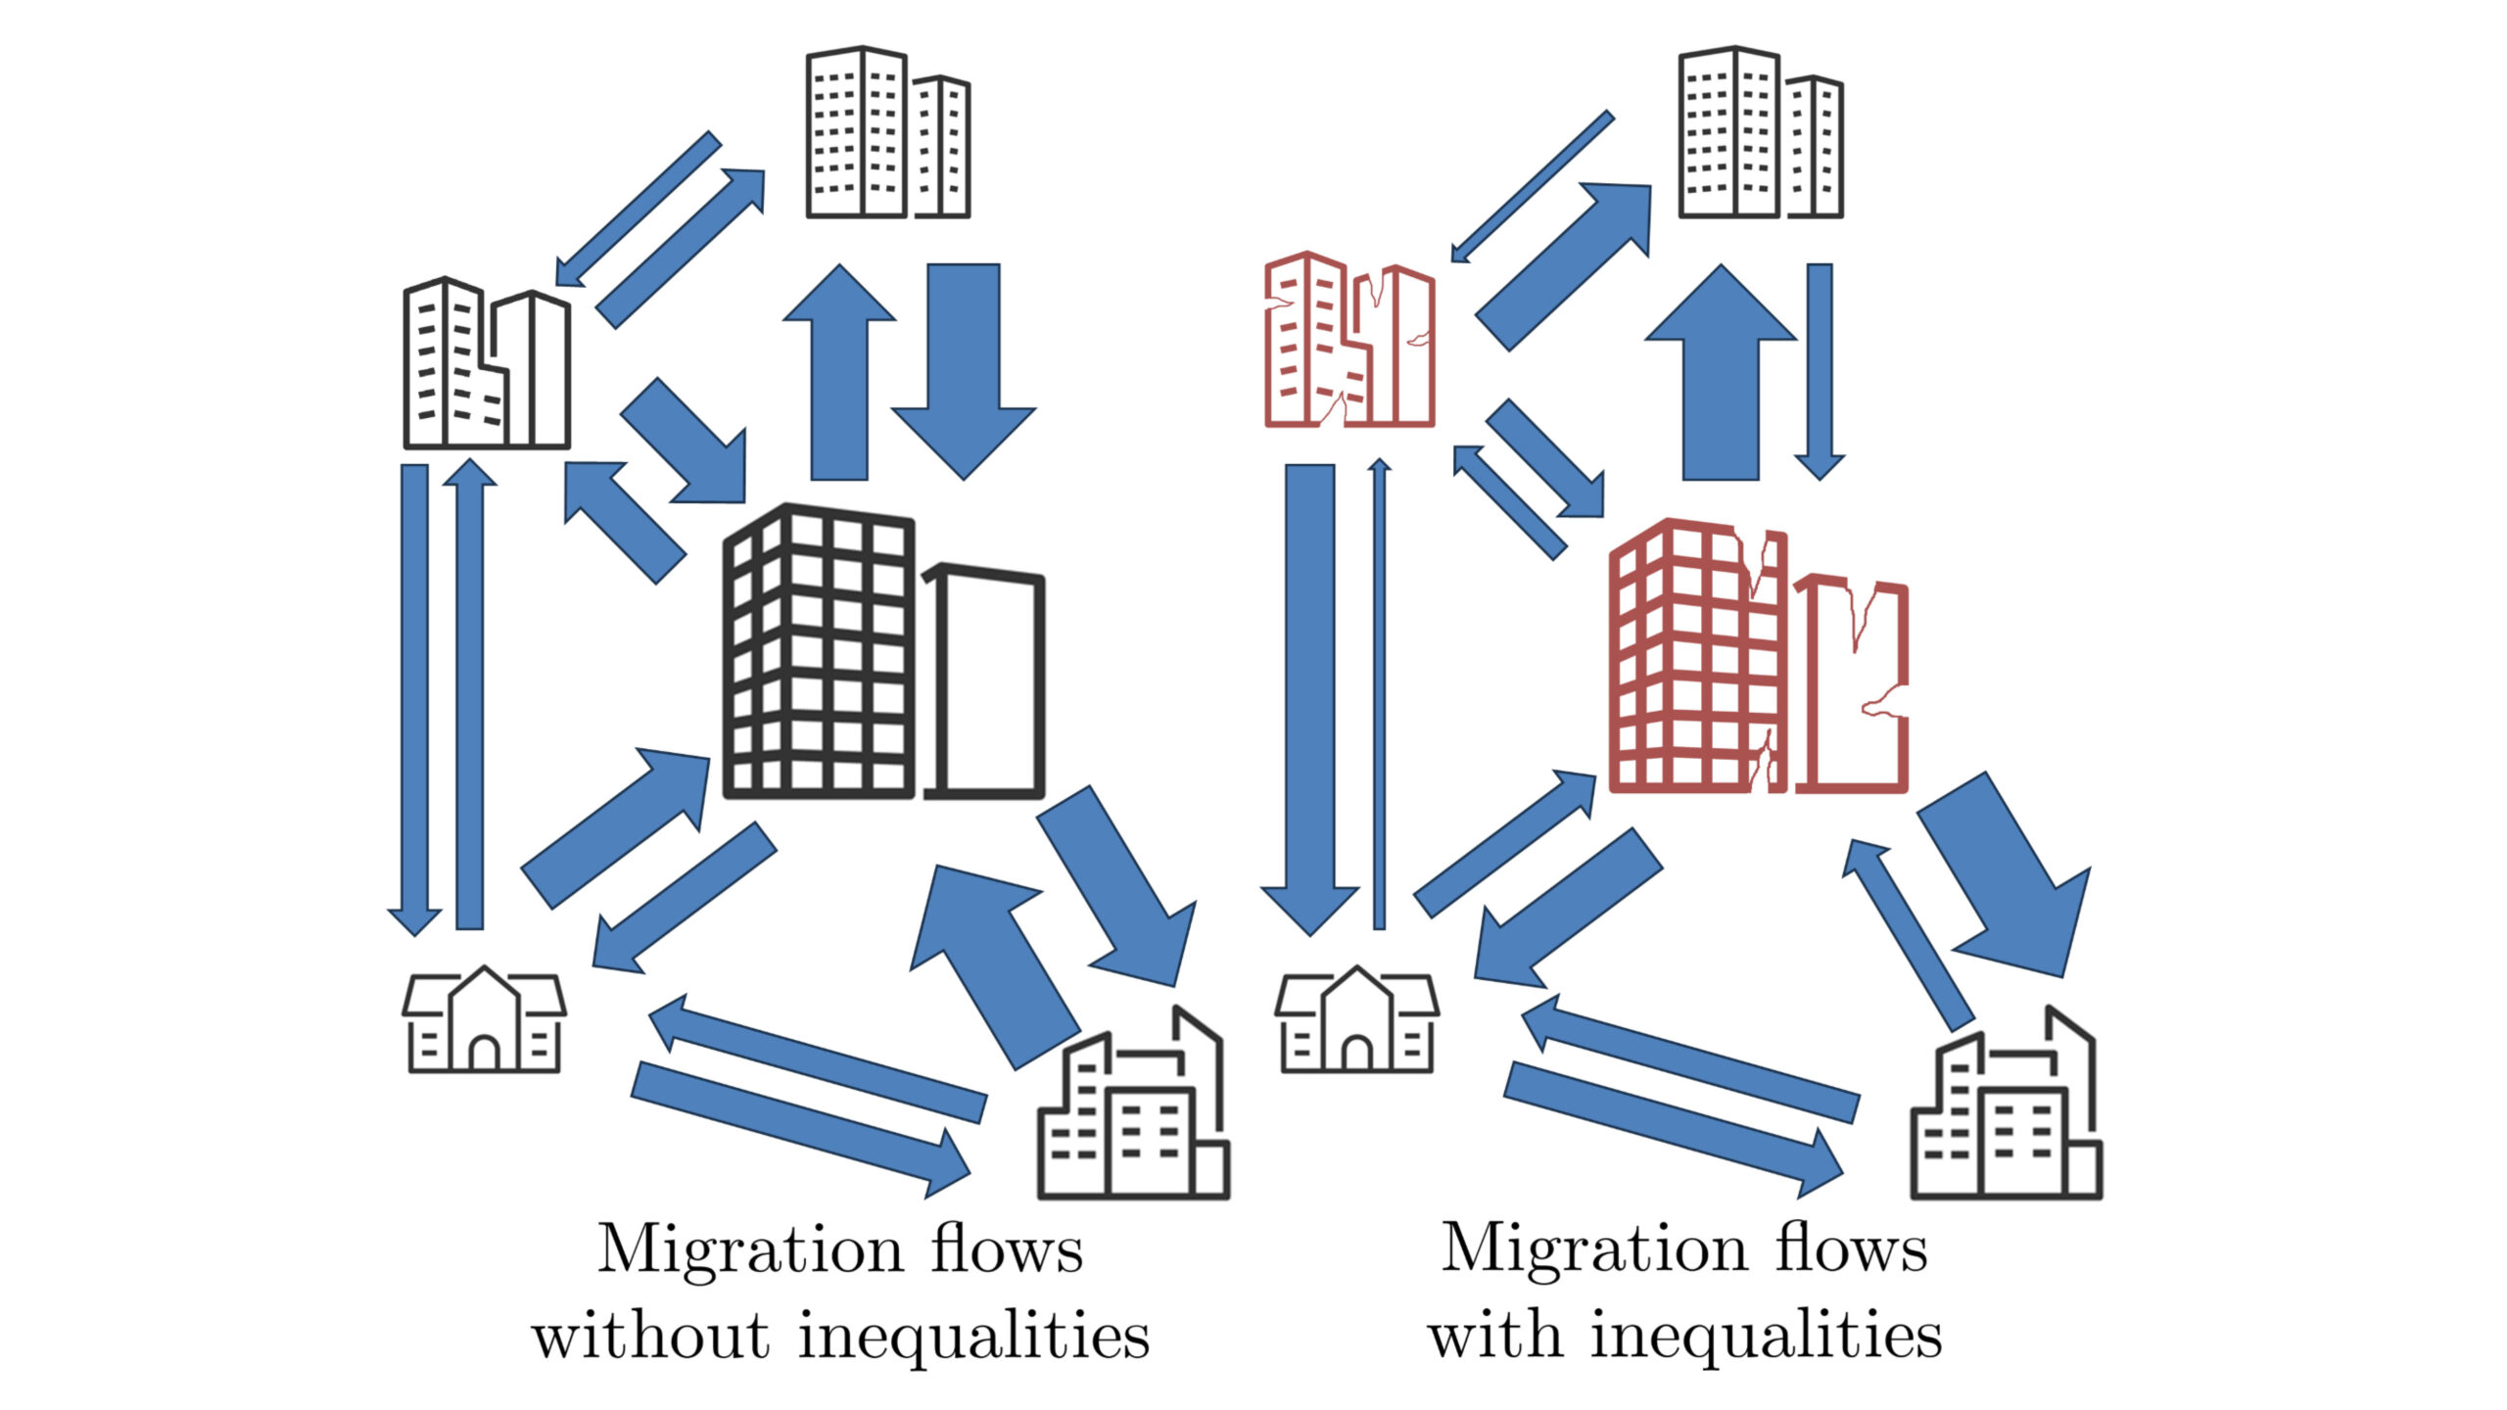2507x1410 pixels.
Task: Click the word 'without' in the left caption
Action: pyautogui.click(x=649, y=1336)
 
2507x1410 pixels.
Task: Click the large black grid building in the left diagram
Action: pyautogui.click(x=818, y=651)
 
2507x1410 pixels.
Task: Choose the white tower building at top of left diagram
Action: pyautogui.click(x=886, y=132)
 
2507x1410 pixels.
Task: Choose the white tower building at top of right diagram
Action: pyautogui.click(x=1760, y=132)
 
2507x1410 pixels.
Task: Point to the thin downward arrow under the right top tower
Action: pyautogui.click(x=1820, y=372)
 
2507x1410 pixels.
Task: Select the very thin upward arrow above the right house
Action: pyautogui.click(x=1379, y=695)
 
